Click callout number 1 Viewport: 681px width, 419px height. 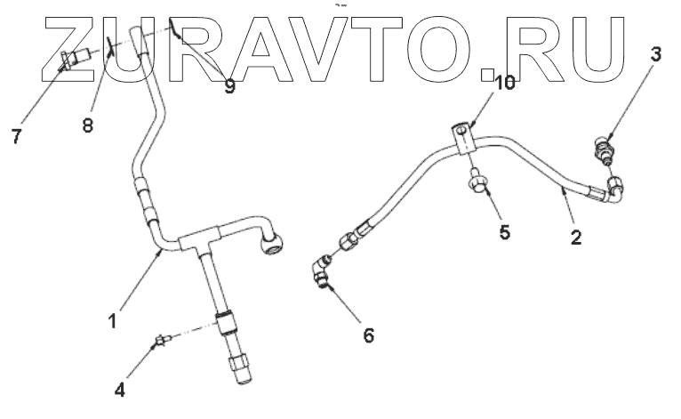[114, 315]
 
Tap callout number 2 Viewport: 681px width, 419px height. [576, 238]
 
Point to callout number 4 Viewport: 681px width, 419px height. [119, 388]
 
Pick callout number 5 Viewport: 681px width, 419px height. [503, 234]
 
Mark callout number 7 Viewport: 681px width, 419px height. [15, 136]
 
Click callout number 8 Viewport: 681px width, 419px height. [87, 125]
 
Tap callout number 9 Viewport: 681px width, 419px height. [229, 87]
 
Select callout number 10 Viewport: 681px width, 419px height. [504, 84]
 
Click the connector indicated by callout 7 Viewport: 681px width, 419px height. [72, 60]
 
